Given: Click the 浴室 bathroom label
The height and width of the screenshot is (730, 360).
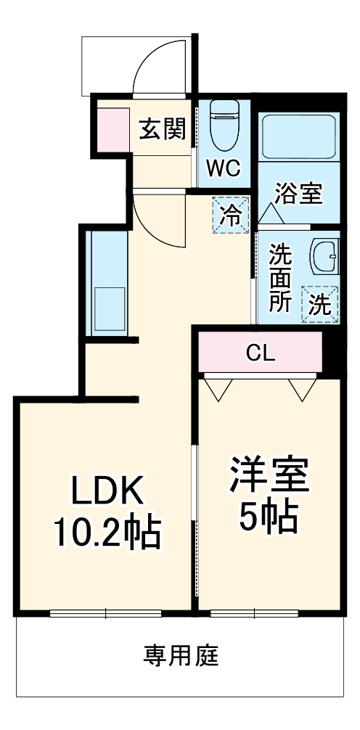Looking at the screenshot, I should point(298,194).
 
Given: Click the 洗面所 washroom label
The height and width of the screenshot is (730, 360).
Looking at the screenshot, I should point(281,279).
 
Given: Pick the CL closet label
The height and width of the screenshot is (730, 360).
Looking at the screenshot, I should point(261,353).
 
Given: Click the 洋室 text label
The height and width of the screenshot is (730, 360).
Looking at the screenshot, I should point(270,475).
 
